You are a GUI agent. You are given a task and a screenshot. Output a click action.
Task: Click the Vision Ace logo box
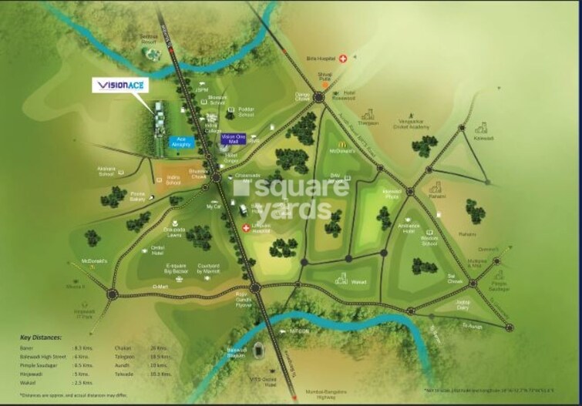pos(120,86)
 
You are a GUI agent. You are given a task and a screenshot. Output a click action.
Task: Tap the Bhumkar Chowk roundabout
pos(216,176)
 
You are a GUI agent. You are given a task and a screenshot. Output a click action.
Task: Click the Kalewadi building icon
pos(483,128)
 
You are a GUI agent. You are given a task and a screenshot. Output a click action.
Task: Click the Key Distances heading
pos(43,337)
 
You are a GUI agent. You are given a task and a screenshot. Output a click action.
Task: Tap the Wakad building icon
pos(341,280)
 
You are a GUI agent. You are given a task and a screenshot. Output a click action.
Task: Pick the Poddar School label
pos(246,110)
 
